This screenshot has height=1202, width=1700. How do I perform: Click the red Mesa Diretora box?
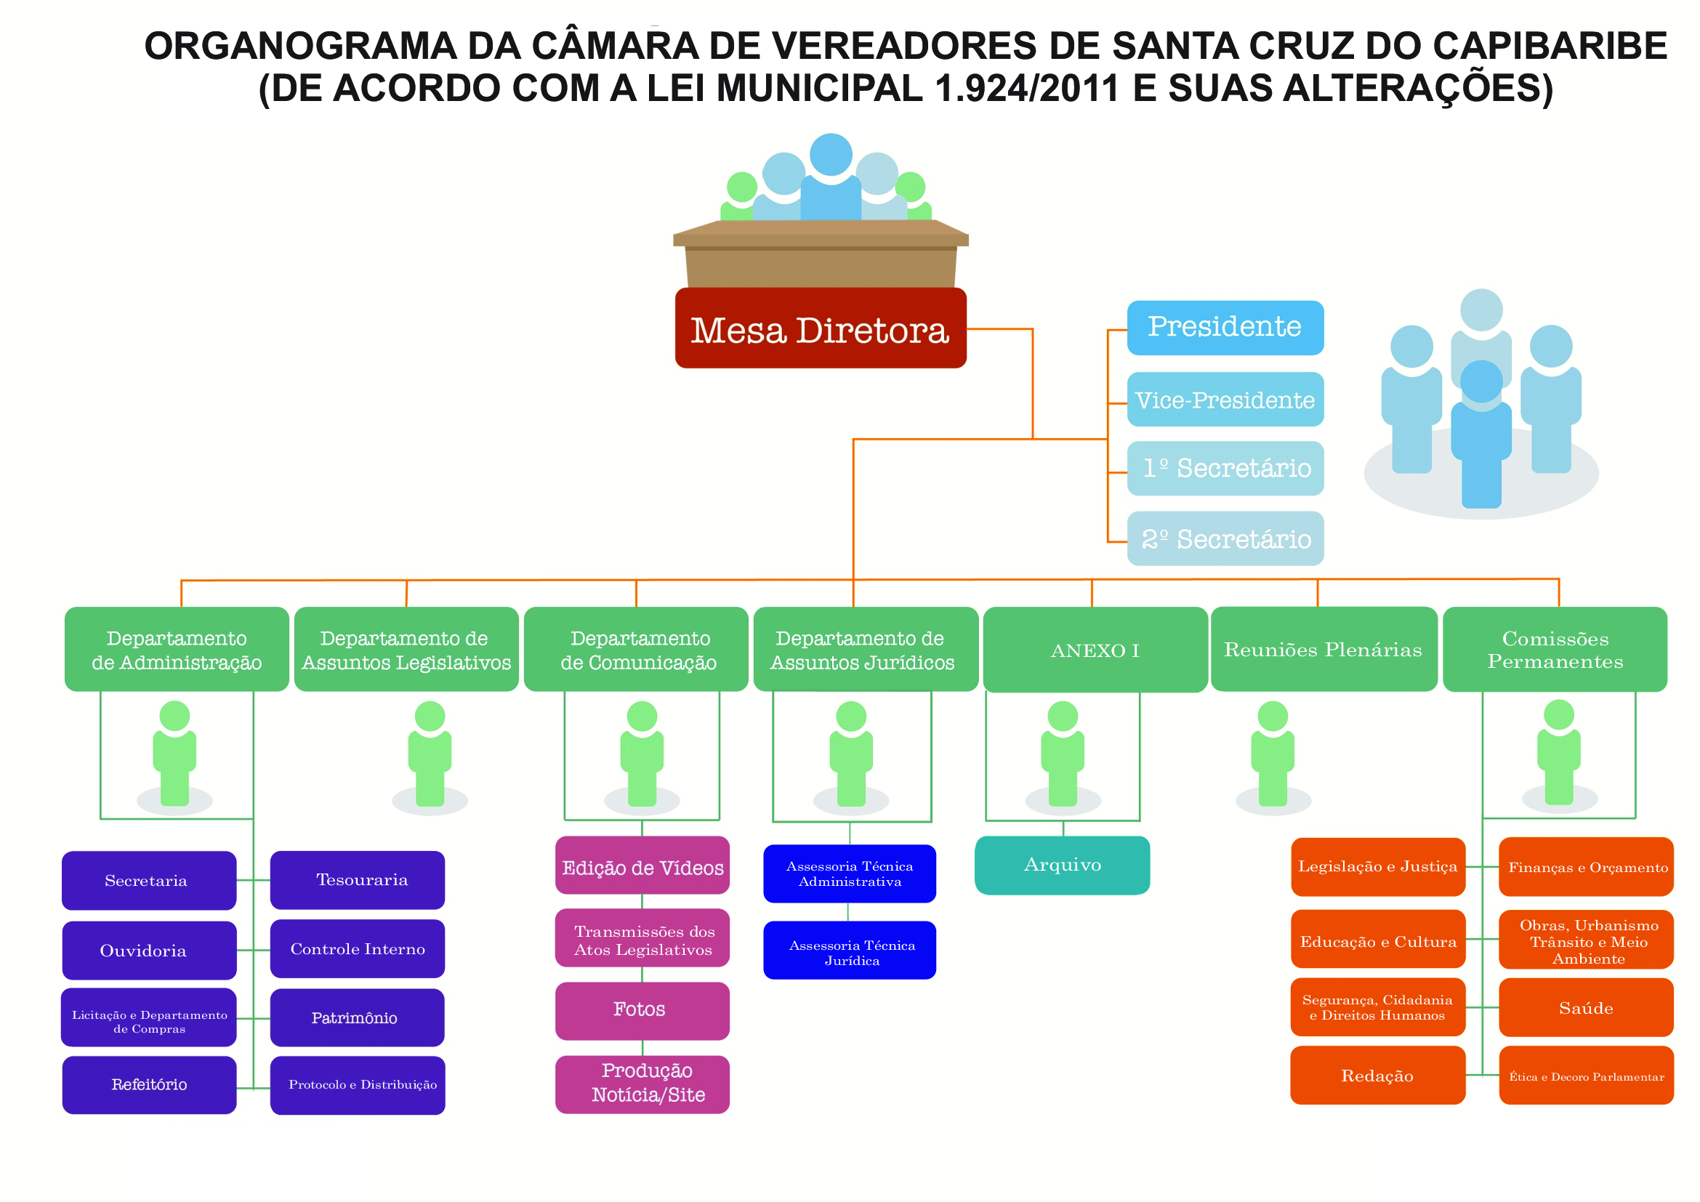point(821,328)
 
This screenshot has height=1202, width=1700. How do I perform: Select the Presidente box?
point(1225,327)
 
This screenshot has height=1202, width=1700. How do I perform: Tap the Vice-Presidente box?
point(1225,399)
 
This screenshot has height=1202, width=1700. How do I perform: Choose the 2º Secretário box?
point(1225,538)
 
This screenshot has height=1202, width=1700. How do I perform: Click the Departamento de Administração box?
point(176,649)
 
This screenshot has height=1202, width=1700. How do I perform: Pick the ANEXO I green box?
point(1095,650)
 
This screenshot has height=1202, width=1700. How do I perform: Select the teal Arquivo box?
point(1062,865)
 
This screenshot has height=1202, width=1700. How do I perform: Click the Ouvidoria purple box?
point(149,950)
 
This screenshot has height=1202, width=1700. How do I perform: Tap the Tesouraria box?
point(357,879)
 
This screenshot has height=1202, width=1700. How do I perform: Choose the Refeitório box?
point(149,1084)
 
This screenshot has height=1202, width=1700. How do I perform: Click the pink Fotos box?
point(642,1009)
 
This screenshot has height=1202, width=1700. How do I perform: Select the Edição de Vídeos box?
point(642,868)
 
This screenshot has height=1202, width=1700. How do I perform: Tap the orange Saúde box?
point(1585,1008)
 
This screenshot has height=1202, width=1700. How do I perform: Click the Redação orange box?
point(1377,1076)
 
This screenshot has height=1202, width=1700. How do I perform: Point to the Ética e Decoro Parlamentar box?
point(1585,1076)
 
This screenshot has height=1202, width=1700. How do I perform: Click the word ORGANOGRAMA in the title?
point(300,46)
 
